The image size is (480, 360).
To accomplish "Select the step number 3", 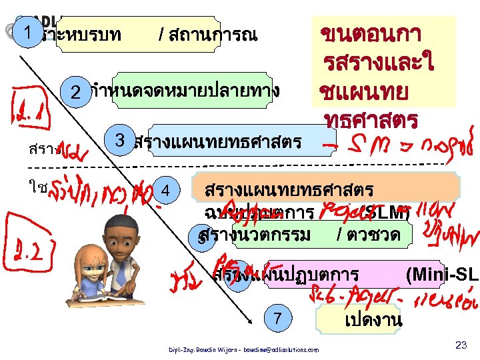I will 121,140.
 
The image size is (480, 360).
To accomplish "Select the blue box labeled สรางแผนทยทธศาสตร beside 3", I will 223,141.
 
